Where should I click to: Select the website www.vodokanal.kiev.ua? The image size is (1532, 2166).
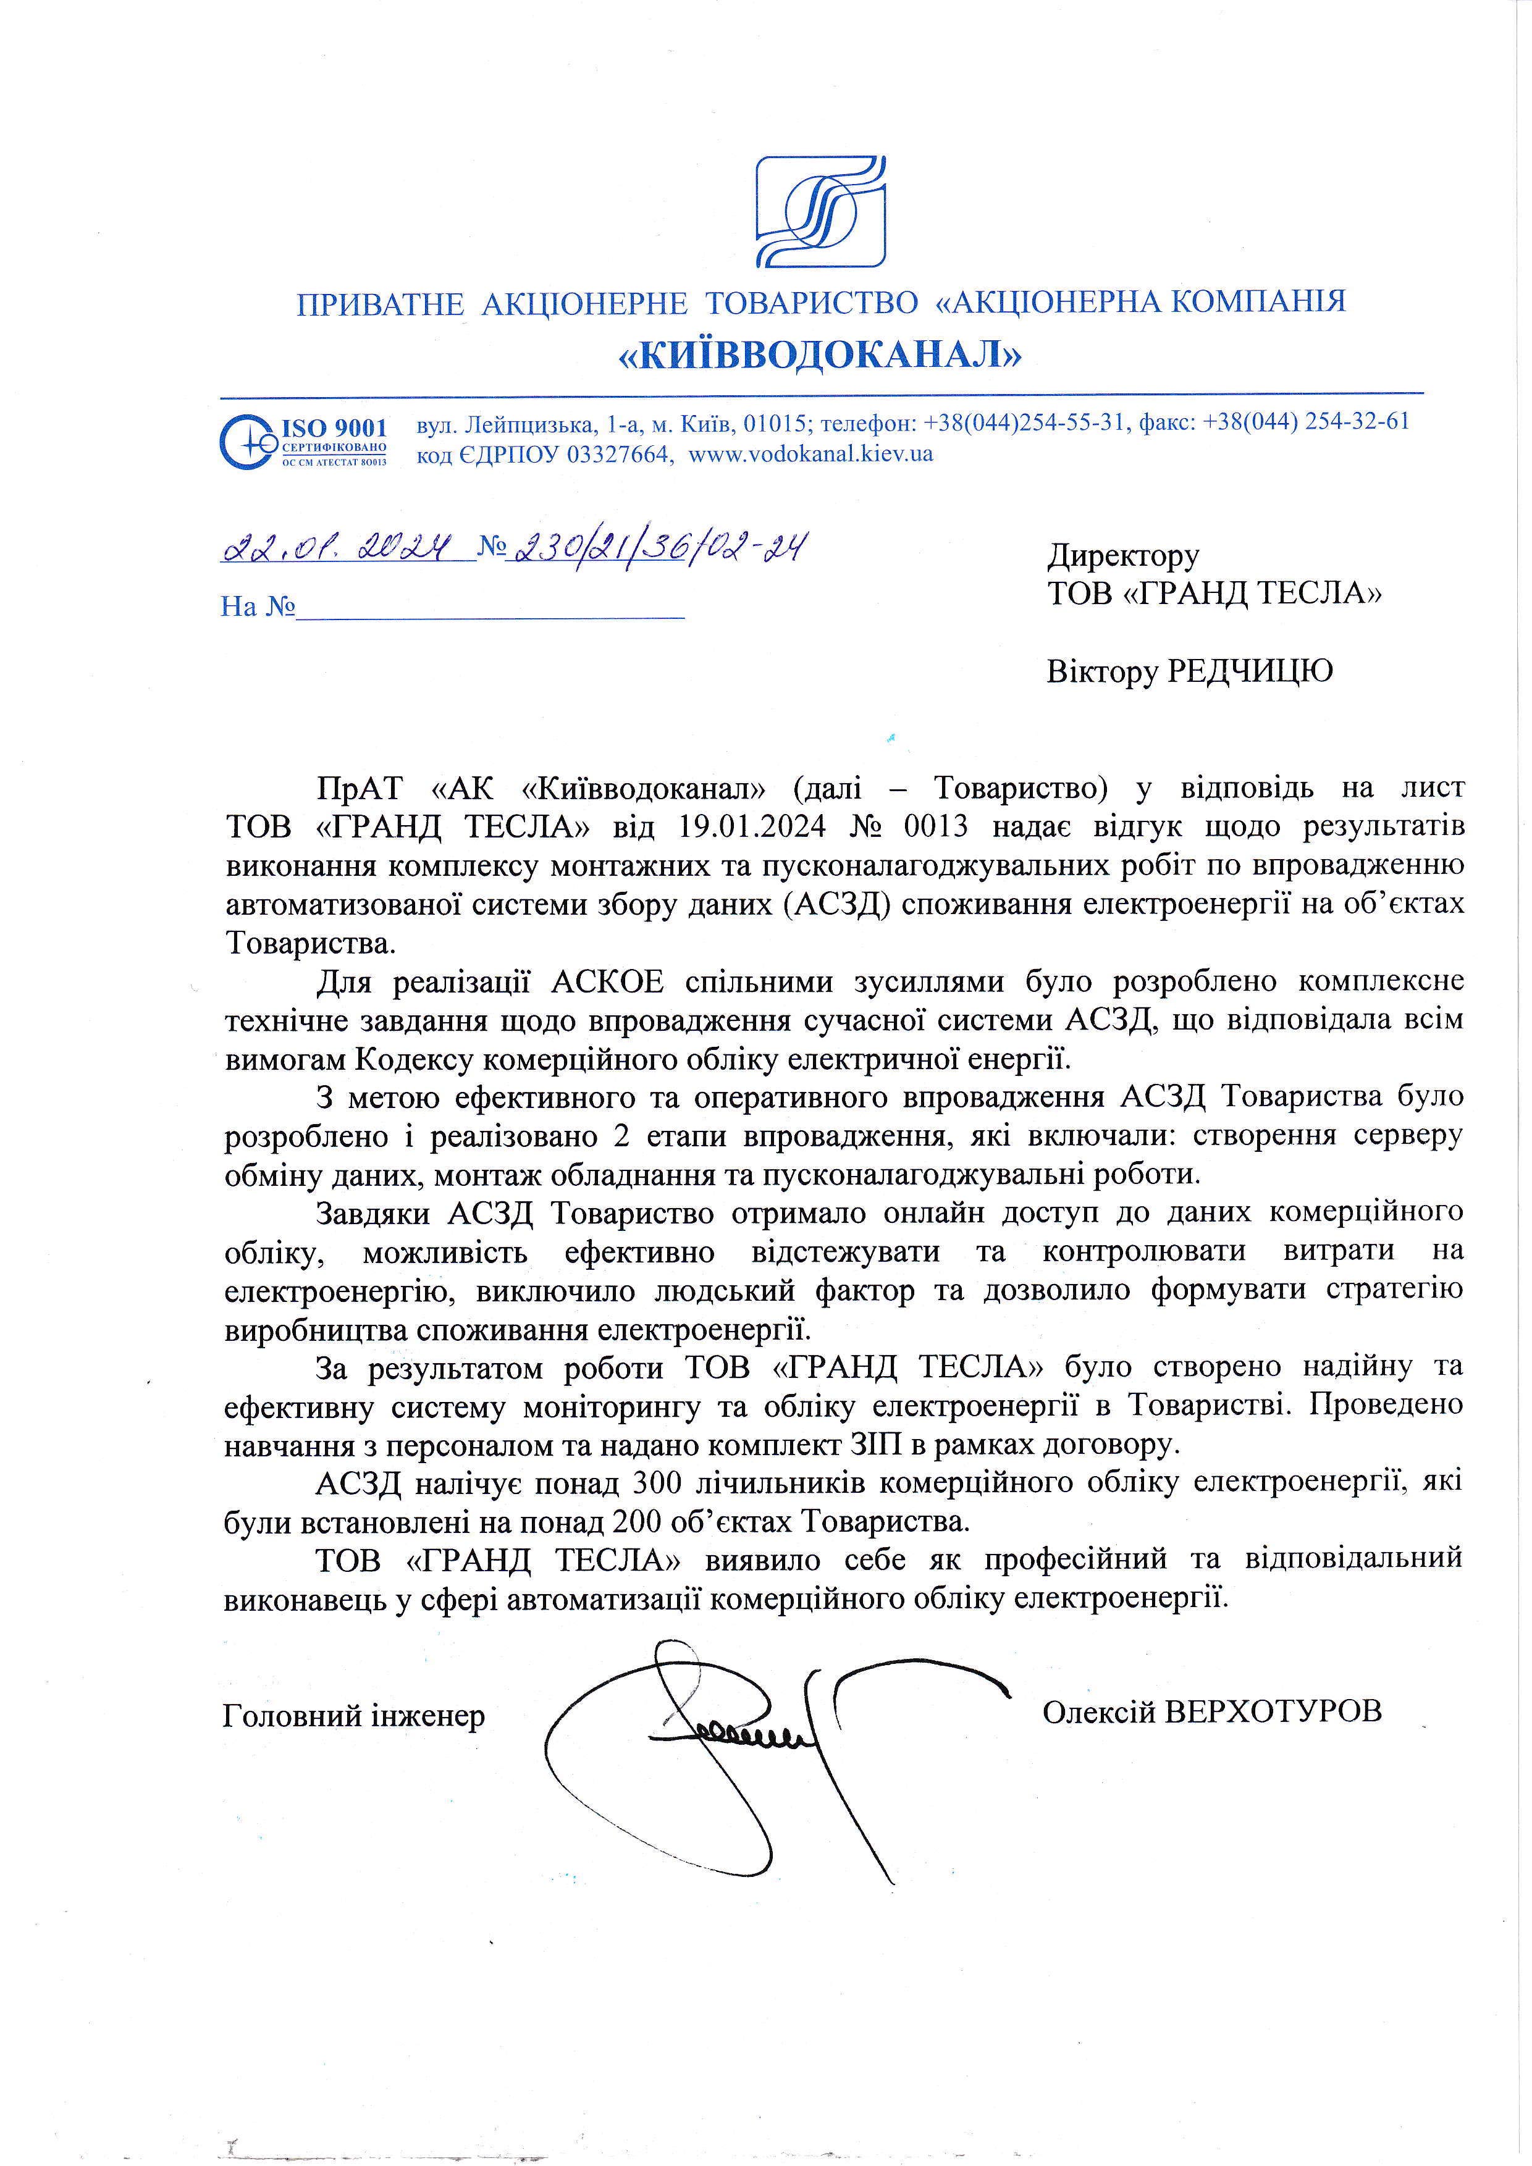pyautogui.click(x=810, y=454)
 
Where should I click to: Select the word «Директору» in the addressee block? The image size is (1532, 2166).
pyautogui.click(x=1122, y=556)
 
